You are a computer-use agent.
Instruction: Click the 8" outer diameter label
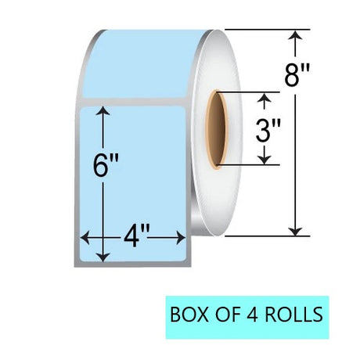(x=297, y=75)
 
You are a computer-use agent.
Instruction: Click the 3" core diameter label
(x=268, y=131)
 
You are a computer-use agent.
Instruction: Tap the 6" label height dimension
(x=106, y=165)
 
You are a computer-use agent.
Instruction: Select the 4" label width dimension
(x=136, y=237)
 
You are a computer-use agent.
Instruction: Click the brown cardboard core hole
(x=217, y=130)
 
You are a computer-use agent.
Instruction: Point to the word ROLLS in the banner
(x=294, y=314)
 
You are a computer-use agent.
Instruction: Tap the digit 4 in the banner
(x=252, y=314)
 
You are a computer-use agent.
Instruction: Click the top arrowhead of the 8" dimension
(x=295, y=34)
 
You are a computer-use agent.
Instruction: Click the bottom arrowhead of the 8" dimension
(x=295, y=232)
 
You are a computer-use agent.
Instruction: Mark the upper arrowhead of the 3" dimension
(x=265, y=97)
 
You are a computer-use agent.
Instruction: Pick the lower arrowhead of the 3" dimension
(x=265, y=160)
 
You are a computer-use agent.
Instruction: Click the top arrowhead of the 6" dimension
(x=103, y=111)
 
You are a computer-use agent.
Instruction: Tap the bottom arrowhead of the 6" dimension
(x=103, y=257)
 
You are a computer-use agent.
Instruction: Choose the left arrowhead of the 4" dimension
(x=85, y=237)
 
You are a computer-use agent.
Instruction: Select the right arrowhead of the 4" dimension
(x=181, y=237)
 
